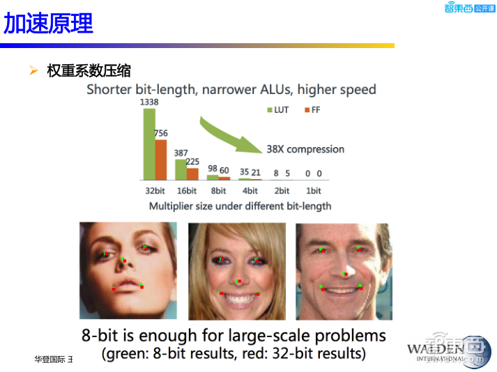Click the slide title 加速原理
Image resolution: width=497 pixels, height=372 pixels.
pyautogui.click(x=48, y=24)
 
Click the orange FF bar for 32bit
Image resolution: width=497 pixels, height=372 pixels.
pyautogui.click(x=161, y=160)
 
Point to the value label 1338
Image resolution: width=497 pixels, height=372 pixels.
pyautogui.click(x=149, y=102)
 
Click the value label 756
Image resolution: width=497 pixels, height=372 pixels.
pyautogui.click(x=161, y=133)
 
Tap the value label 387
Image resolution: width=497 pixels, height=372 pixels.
pyautogui.click(x=181, y=153)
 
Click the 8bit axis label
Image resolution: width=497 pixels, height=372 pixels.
pyautogui.click(x=217, y=190)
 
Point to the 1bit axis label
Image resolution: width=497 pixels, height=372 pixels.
pyautogui.click(x=314, y=190)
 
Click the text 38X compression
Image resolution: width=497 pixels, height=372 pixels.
pyautogui.click(x=305, y=149)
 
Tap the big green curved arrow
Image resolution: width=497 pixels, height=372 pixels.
pyautogui.click(x=227, y=136)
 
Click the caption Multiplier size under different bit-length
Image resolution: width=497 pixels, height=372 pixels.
pyautogui.click(x=240, y=206)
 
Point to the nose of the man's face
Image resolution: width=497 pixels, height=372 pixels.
pyautogui.click(x=346, y=272)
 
